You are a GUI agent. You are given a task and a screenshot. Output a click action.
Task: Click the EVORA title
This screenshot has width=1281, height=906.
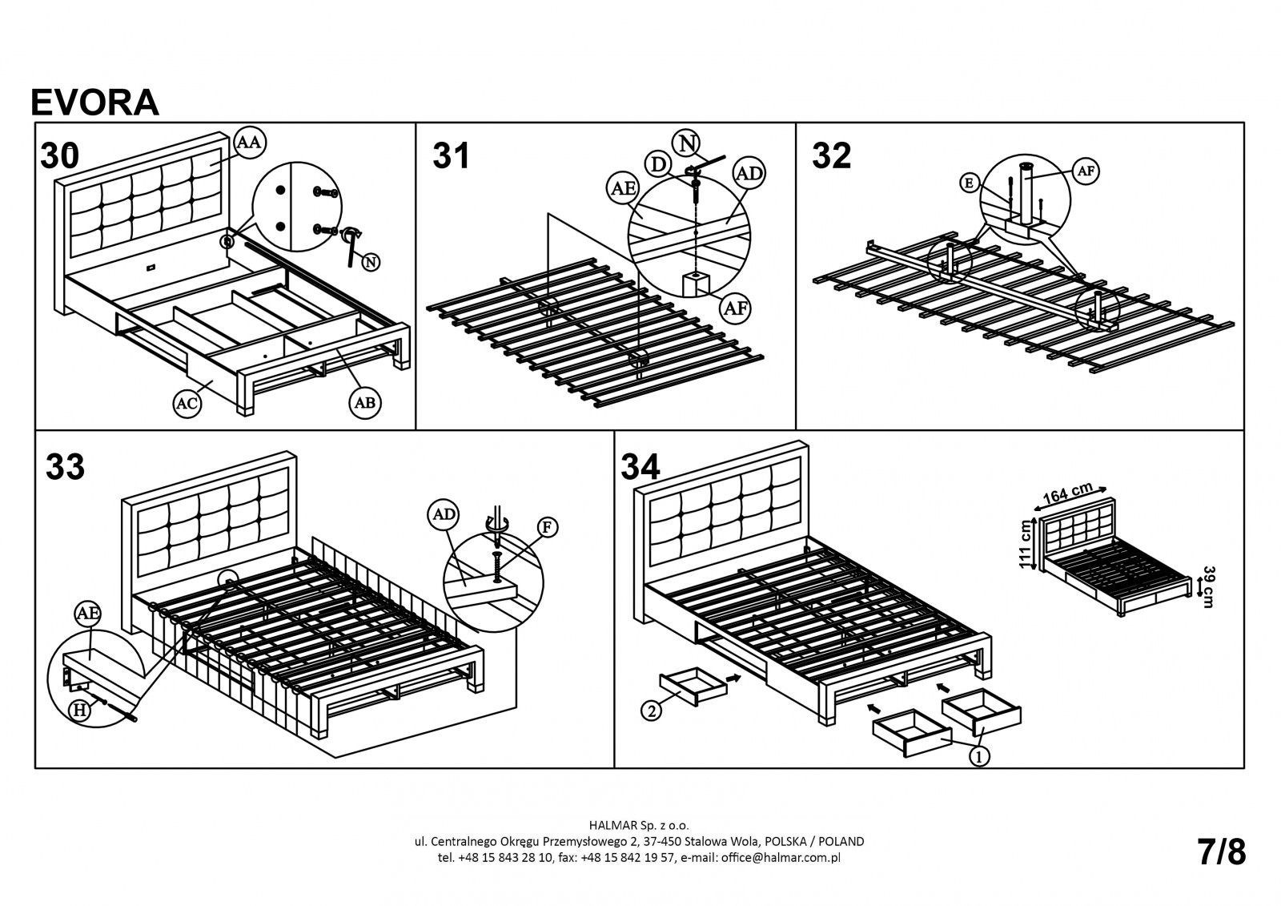[94, 103]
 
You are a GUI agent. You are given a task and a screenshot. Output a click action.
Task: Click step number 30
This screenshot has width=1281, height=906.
[60, 155]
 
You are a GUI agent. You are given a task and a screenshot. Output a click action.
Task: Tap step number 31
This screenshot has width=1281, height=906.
[451, 155]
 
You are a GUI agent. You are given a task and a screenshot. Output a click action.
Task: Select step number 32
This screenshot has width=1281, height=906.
[831, 155]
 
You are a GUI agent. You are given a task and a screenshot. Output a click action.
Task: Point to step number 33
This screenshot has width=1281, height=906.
[65, 467]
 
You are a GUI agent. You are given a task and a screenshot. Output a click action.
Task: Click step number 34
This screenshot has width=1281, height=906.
[640, 467]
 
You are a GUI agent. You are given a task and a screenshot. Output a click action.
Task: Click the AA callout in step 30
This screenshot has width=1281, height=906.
[250, 142]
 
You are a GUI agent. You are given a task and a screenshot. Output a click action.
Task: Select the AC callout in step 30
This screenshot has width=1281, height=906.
[187, 404]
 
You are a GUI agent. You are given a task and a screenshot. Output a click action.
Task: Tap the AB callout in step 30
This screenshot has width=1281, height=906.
[364, 403]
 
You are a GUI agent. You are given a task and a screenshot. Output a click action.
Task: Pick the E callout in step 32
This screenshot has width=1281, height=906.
[970, 183]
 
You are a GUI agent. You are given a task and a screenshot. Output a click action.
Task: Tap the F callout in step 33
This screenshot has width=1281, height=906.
[548, 527]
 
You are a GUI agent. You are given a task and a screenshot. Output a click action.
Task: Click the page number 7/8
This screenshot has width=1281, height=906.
[1222, 852]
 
